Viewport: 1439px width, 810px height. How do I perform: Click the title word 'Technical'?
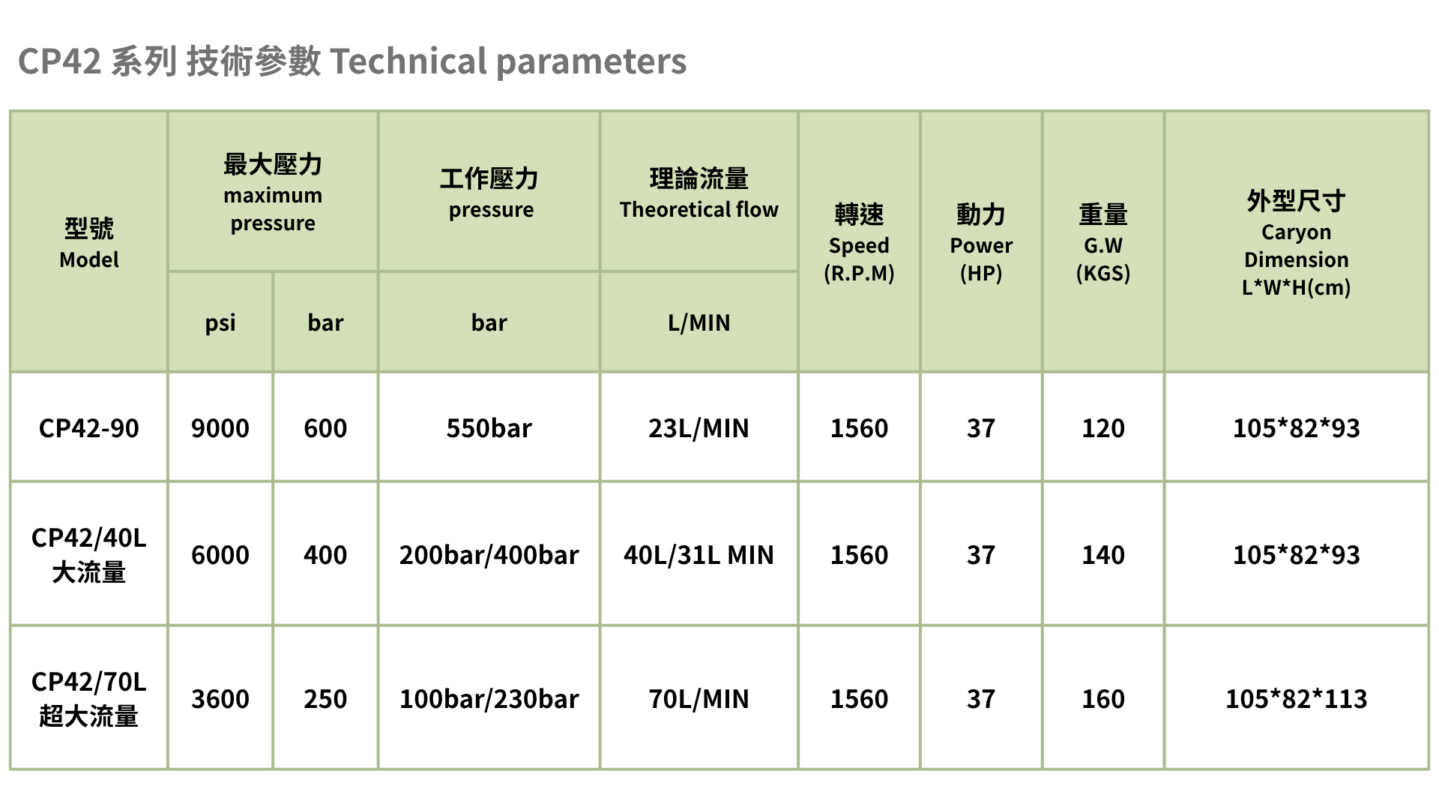click(x=408, y=61)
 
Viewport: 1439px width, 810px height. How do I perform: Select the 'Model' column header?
click(x=89, y=242)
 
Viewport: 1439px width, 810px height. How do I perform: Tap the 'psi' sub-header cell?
click(x=220, y=322)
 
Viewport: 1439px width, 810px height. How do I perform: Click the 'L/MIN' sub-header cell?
click(x=699, y=322)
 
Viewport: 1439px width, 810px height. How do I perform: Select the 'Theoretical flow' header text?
click(x=699, y=209)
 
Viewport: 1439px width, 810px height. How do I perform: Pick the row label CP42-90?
click(x=89, y=428)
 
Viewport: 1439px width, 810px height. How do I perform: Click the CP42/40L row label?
click(x=89, y=555)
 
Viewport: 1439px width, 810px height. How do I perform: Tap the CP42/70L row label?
click(x=89, y=699)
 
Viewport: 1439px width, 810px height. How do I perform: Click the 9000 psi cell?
click(x=220, y=428)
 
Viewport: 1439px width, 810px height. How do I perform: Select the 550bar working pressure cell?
click(x=489, y=428)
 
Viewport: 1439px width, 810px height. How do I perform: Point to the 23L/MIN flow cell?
click(x=699, y=428)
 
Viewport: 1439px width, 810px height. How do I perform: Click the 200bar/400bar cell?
click(x=489, y=555)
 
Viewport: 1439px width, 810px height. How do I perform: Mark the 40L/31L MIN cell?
click(x=699, y=555)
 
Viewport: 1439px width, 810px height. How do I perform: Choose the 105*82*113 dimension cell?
click(x=1296, y=699)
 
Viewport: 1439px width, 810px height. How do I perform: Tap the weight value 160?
click(x=1103, y=699)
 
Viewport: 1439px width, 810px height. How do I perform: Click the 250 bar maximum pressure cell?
click(x=325, y=699)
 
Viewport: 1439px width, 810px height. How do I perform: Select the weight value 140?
click(x=1103, y=555)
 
